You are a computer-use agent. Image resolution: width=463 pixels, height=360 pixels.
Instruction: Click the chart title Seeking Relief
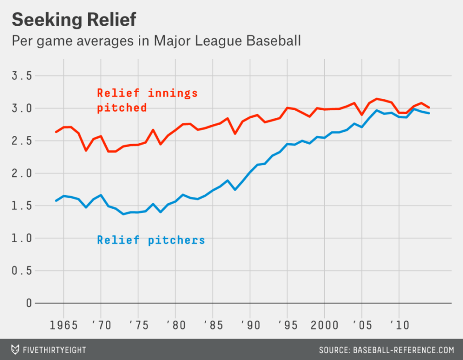click(74, 20)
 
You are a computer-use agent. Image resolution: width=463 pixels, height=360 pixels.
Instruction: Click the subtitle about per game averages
click(156, 41)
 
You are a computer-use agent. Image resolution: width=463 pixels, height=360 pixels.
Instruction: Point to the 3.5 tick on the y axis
click(23, 76)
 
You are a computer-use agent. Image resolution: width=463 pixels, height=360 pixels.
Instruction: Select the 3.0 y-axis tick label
click(23, 108)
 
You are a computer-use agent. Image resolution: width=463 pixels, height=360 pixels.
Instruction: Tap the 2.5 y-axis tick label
click(23, 141)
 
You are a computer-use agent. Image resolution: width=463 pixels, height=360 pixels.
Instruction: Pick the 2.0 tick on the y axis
click(23, 173)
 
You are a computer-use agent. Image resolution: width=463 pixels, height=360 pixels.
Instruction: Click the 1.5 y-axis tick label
click(23, 206)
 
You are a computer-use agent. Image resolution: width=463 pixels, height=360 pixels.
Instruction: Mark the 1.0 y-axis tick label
click(23, 238)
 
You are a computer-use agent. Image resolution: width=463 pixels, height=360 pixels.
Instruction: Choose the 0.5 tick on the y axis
click(23, 271)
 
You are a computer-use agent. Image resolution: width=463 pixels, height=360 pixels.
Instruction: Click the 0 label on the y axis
click(29, 303)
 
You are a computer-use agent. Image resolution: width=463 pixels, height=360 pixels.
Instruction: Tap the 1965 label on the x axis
click(63, 325)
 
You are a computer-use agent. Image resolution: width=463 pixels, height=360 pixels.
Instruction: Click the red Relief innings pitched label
click(147, 100)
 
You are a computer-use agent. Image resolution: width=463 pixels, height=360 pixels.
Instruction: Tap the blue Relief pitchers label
click(151, 240)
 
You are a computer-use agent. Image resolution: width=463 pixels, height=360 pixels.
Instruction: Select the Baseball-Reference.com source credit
click(386, 350)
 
